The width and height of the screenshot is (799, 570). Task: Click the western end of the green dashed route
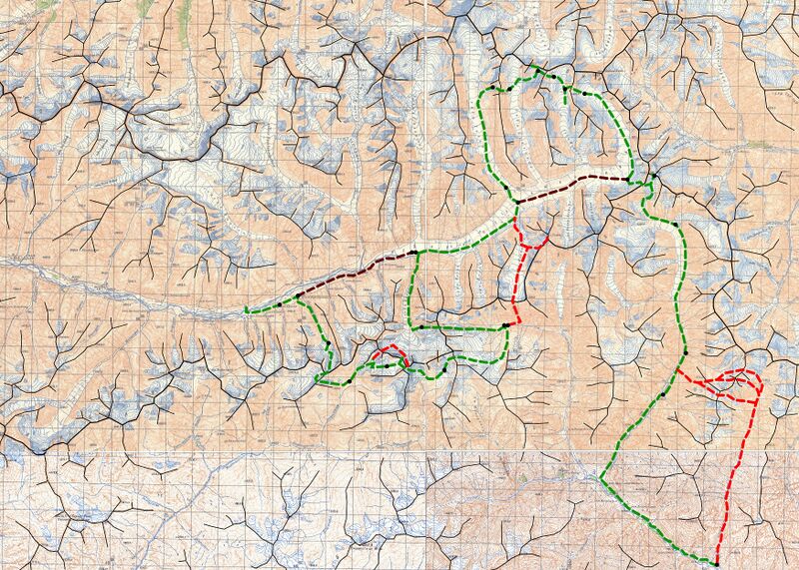click(x=246, y=310)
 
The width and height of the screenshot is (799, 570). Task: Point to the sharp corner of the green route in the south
click(x=601, y=477)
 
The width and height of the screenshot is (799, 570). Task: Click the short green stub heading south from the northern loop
click(x=567, y=98)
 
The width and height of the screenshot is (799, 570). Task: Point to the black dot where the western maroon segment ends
click(x=411, y=254)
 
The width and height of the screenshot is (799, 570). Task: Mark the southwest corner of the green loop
click(x=318, y=379)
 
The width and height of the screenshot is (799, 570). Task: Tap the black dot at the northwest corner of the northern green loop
click(x=507, y=89)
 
